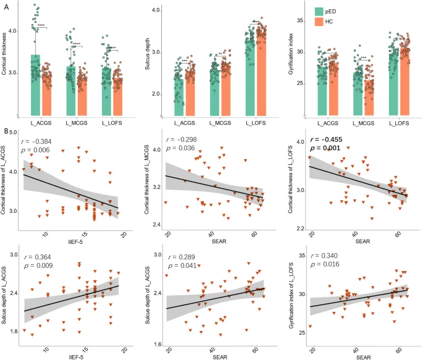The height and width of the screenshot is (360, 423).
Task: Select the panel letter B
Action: tap(6, 132)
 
